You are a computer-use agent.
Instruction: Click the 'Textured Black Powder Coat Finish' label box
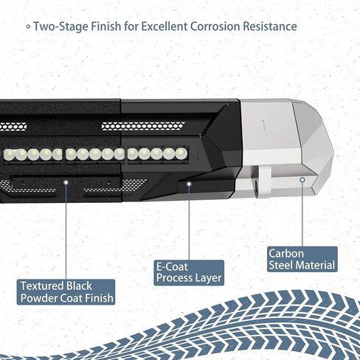[x=66, y=292]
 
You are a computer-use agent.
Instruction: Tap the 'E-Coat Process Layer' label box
[x=189, y=272]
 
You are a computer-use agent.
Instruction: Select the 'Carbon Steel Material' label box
[x=302, y=259]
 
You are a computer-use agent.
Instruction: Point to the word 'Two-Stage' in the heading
[x=61, y=27]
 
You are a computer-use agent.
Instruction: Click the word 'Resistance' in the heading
[x=270, y=27]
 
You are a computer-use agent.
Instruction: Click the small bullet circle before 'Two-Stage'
[x=29, y=27]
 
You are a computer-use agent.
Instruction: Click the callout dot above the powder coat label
[x=66, y=182]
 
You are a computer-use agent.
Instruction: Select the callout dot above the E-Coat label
[x=189, y=184]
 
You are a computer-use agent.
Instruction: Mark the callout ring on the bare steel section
[x=302, y=180]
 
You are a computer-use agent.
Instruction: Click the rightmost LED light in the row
[x=181, y=153]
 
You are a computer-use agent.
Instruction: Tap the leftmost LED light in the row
[x=9, y=155]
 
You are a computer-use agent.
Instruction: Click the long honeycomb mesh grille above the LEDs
[x=143, y=126]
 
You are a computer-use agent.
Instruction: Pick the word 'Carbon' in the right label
[x=286, y=254]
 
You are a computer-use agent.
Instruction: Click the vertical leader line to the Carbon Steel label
[x=302, y=215]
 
